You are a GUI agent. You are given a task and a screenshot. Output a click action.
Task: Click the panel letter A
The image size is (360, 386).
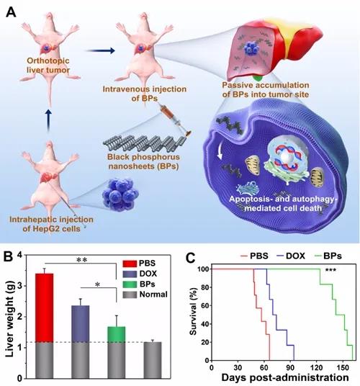point(11,12)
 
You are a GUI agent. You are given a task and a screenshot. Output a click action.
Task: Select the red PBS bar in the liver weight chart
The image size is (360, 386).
point(45,308)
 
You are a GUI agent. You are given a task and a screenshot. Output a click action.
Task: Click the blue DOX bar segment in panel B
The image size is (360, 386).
point(80,324)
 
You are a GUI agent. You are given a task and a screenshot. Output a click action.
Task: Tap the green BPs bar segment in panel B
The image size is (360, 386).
point(117,334)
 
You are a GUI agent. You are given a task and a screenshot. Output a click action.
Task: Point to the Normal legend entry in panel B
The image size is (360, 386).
point(145,295)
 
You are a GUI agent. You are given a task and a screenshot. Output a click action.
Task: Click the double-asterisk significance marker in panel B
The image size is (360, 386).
point(82,260)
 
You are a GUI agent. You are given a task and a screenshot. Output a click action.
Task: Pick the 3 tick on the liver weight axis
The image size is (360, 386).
point(27,286)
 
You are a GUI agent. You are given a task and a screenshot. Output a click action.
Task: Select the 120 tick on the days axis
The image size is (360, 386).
point(316,368)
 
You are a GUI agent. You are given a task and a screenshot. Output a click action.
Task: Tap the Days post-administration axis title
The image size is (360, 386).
point(285,377)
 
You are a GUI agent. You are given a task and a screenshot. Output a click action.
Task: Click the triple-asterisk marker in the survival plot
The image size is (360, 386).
point(330,270)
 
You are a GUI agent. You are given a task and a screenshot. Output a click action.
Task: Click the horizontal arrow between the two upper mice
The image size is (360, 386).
point(99,50)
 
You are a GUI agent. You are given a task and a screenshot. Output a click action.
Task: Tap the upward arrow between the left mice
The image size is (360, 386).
point(49,121)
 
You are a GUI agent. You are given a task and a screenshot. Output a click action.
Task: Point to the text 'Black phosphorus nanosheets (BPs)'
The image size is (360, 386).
point(143,161)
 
